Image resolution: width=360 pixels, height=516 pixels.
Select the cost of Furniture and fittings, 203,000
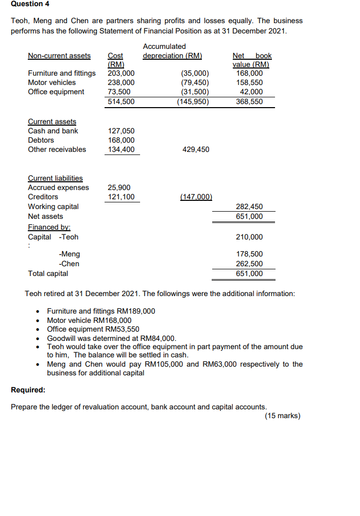coord(121,73)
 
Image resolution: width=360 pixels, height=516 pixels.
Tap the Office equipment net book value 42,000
coord(252,92)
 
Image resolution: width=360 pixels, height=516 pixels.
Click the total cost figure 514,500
coord(121,101)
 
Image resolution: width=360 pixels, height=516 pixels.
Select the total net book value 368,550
coord(249,101)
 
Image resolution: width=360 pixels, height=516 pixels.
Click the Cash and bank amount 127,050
coord(121,131)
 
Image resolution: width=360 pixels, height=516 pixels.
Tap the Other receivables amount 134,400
coord(121,149)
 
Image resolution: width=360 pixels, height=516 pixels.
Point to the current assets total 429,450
coord(196,149)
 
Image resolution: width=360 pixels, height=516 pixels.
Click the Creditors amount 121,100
coord(121,197)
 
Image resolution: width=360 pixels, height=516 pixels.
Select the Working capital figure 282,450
coord(249,207)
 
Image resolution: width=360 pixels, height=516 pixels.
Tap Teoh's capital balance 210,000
coord(249,237)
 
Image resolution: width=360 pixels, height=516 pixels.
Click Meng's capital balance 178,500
coord(249,254)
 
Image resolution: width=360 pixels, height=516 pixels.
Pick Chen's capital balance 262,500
coord(249,264)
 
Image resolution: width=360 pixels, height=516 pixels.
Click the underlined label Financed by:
coord(49,227)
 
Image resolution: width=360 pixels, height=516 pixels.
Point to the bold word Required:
coord(28,390)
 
